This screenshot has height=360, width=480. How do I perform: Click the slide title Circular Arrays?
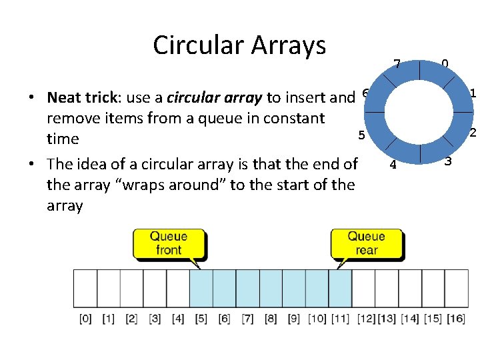[239, 45]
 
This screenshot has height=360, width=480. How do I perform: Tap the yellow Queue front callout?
[168, 243]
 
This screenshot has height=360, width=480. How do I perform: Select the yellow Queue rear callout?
[366, 243]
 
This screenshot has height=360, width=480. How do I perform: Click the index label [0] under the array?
[85, 319]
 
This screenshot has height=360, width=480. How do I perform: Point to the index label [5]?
[201, 319]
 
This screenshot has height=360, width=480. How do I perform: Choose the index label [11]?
[341, 319]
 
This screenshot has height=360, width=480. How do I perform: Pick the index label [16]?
[455, 319]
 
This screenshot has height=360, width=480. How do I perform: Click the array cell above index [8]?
[271, 288]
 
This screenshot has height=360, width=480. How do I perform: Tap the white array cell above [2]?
[131, 288]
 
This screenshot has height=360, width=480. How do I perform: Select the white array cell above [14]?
[409, 288]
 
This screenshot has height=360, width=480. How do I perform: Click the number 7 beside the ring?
[397, 65]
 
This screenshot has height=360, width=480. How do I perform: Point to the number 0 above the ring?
[445, 64]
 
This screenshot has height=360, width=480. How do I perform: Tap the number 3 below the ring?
[448, 161]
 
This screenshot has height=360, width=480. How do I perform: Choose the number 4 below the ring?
[393, 165]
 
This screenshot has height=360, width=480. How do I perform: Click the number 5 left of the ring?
[361, 135]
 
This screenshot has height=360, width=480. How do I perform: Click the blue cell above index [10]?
[317, 288]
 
